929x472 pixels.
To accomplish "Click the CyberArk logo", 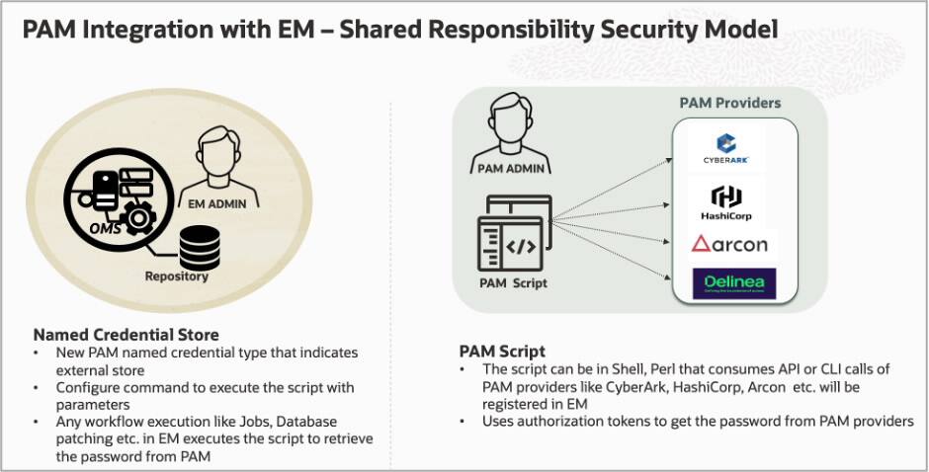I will pyautogui.click(x=734, y=148).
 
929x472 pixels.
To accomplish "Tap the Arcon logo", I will pyautogui.click(x=734, y=243).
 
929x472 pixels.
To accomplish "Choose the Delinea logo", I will pyautogui.click(x=734, y=283).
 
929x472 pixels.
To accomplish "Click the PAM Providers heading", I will pyautogui.click(x=729, y=103).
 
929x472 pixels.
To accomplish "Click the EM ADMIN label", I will pyautogui.click(x=223, y=203).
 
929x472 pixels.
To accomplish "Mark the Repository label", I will pyautogui.click(x=177, y=276).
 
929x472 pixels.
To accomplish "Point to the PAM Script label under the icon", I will pyautogui.click(x=513, y=283).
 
